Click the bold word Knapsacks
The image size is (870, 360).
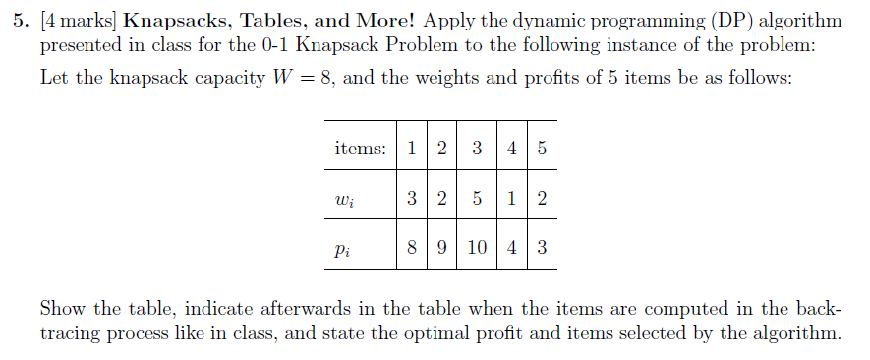(174, 21)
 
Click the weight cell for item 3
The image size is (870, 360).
(477, 199)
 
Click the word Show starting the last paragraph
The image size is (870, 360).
(61, 307)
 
